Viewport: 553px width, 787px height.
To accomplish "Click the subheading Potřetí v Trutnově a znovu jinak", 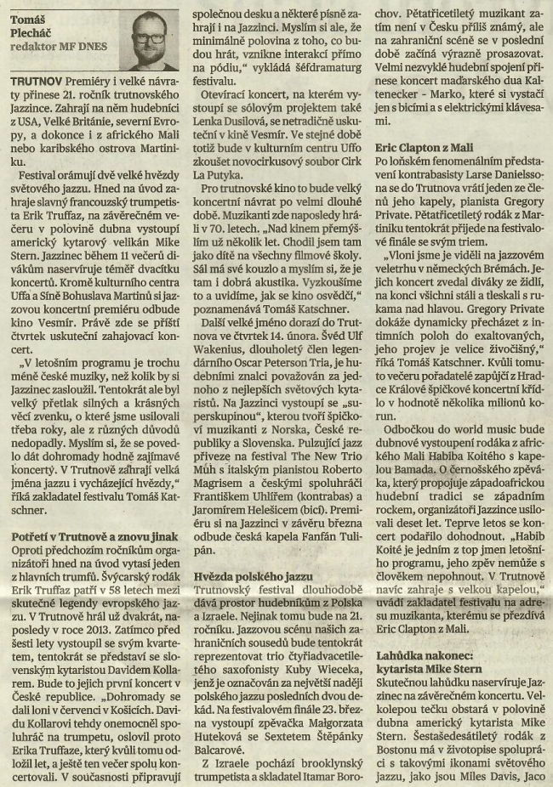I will (x=94, y=536).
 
